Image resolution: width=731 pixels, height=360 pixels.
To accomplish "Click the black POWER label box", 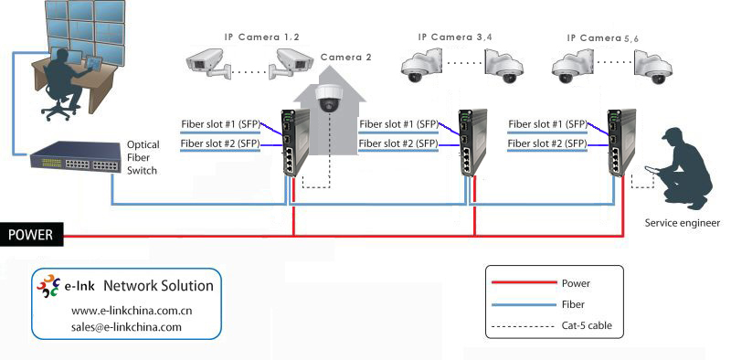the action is click(x=31, y=235).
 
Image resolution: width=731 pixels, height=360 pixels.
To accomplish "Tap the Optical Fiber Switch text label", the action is click(x=143, y=158).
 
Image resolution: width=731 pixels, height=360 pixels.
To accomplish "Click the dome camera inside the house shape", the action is click(x=329, y=98).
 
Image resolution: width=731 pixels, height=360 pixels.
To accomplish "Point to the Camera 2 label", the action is click(x=346, y=58).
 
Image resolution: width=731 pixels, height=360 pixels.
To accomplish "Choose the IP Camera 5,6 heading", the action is click(x=602, y=38).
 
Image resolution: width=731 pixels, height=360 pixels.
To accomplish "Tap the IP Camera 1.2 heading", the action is click(x=261, y=37).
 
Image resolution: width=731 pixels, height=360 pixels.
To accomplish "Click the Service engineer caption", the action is click(x=682, y=223).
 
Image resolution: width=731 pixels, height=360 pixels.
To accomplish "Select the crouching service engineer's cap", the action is click(x=673, y=133).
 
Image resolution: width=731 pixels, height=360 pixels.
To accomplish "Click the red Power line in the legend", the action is click(x=524, y=282).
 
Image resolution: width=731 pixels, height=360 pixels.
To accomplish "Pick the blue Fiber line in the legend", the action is click(x=524, y=304).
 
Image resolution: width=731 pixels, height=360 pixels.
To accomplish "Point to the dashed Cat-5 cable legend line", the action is click(x=524, y=325).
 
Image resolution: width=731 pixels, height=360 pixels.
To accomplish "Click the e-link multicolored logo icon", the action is click(x=48, y=286).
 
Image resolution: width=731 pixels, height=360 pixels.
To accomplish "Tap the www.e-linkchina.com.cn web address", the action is click(x=132, y=311).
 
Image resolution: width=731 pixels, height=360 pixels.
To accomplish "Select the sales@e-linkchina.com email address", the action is click(x=126, y=327).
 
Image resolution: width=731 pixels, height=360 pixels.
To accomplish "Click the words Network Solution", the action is click(x=158, y=285).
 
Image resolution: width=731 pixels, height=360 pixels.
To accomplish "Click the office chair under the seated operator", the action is click(x=59, y=105).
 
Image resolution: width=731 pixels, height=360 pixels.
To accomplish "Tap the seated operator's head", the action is click(x=59, y=57).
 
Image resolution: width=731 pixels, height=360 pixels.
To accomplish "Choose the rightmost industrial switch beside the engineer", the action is click(x=621, y=143).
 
